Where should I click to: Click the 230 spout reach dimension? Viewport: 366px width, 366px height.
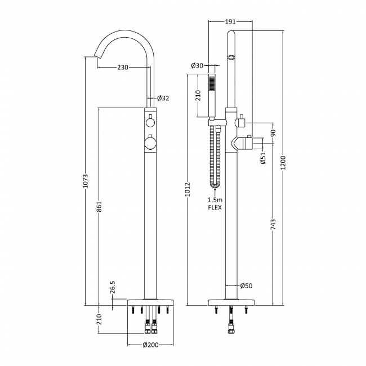(123, 68)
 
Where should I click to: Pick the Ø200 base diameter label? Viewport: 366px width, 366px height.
(150, 345)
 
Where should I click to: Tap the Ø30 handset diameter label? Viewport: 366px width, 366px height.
(197, 66)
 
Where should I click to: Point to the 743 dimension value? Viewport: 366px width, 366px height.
(273, 225)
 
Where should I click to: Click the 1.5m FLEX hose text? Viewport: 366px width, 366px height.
(215, 204)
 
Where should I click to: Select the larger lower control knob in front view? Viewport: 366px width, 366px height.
(150, 143)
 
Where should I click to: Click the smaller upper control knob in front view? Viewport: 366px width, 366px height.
(150, 122)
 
